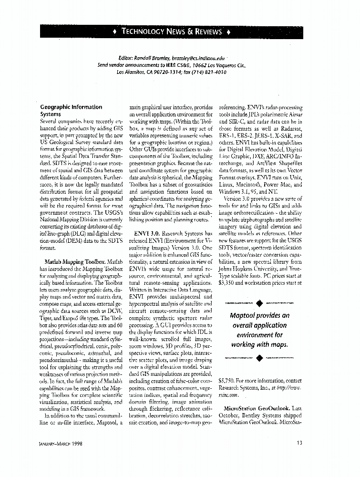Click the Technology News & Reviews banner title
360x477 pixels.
click(172, 32)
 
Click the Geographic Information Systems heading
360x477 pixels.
click(71, 111)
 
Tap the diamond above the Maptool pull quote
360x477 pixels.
click(259, 302)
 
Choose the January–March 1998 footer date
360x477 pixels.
click(63, 443)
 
